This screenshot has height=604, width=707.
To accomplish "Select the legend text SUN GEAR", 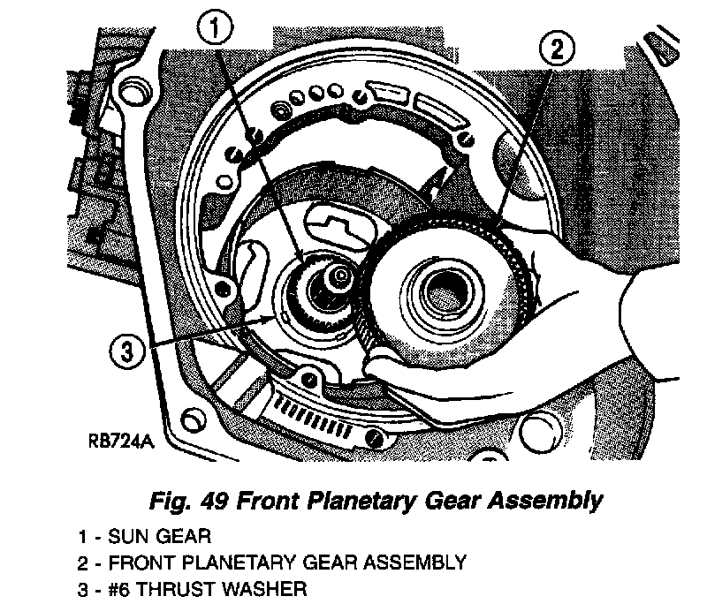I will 166,536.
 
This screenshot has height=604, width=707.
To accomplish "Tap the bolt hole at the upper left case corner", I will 133,90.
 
